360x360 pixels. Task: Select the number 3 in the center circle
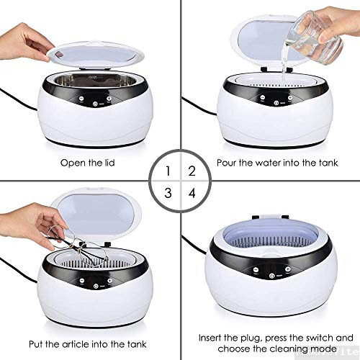click(168, 193)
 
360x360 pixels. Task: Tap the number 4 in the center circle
click(191, 193)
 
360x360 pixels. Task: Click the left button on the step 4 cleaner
click(255, 272)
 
